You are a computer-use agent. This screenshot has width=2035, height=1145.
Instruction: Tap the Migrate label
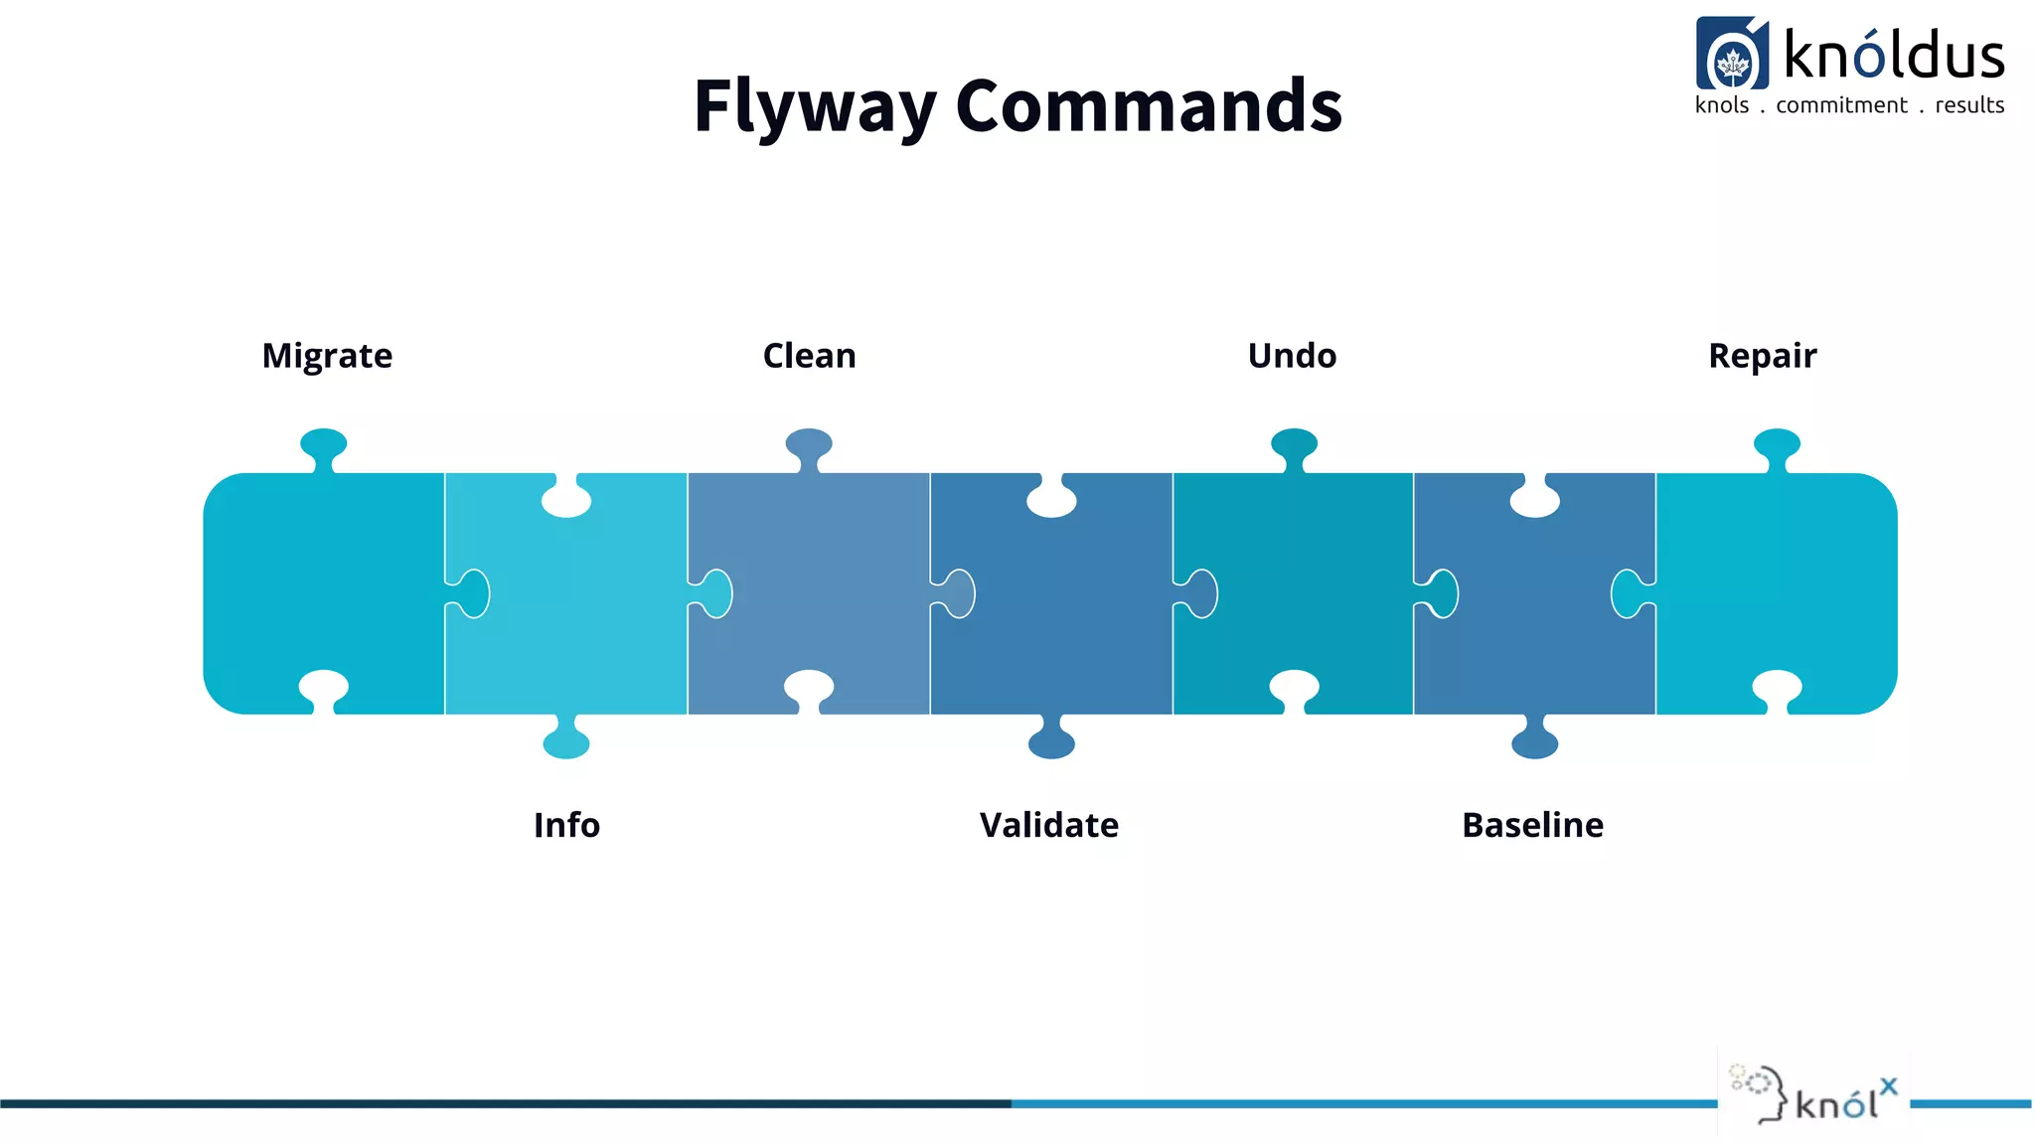click(x=327, y=356)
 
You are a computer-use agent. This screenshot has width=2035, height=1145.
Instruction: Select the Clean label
click(x=809, y=356)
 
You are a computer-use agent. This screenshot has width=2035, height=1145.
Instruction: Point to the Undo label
click(x=1292, y=356)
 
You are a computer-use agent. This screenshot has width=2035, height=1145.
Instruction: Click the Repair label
click(x=1762, y=356)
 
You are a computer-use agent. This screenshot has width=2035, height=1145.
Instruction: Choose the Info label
click(x=566, y=825)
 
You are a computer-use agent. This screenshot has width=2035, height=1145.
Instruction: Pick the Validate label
click(x=1048, y=825)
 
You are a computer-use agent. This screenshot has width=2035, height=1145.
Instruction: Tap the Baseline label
click(x=1532, y=825)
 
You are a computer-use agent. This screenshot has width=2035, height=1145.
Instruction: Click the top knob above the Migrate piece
click(x=324, y=444)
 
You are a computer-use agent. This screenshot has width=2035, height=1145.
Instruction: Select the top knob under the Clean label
click(x=809, y=444)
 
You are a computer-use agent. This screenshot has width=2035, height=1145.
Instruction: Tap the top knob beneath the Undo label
click(x=1294, y=444)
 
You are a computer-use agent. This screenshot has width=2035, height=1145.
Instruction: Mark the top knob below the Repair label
click(x=1777, y=444)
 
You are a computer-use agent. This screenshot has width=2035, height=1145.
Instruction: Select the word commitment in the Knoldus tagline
click(x=1841, y=105)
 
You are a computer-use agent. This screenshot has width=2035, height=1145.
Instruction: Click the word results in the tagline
click(x=1969, y=105)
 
